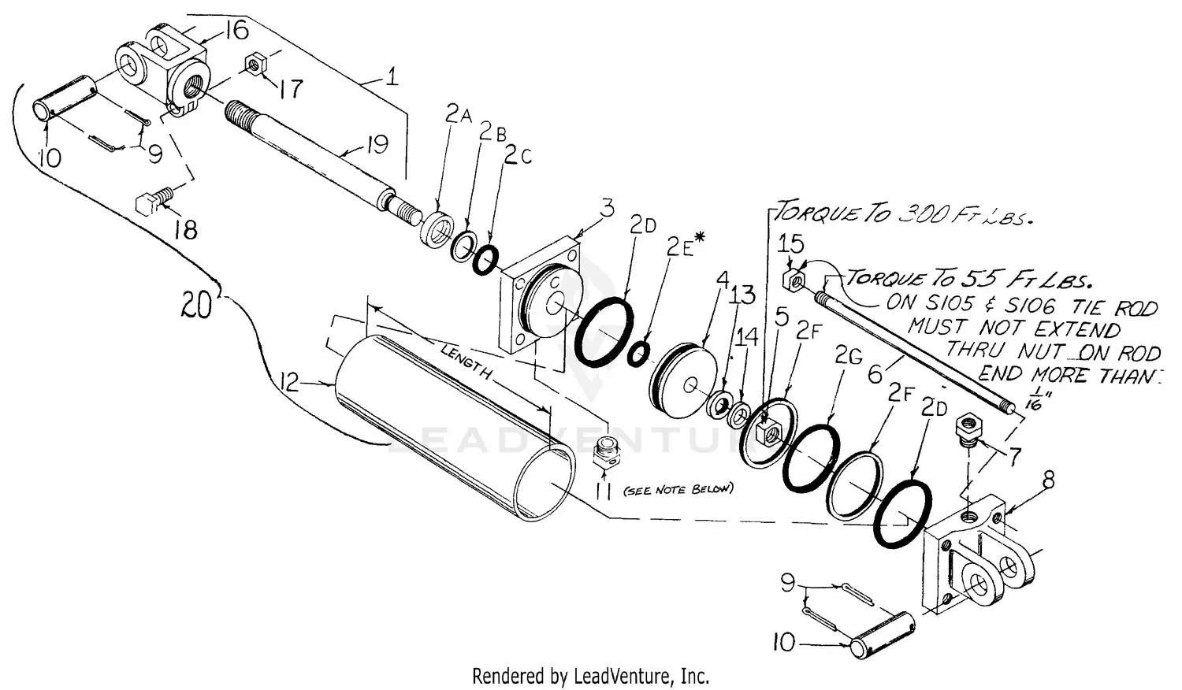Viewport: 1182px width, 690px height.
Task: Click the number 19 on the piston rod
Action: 377,145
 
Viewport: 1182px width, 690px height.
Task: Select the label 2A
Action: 458,115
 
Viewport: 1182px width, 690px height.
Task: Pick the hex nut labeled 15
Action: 794,279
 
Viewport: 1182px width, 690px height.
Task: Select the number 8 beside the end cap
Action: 1049,480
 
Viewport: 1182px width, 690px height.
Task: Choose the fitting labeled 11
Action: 605,456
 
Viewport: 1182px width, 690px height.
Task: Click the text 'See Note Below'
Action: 678,489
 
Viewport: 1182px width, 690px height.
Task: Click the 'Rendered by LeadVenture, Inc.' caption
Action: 590,675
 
